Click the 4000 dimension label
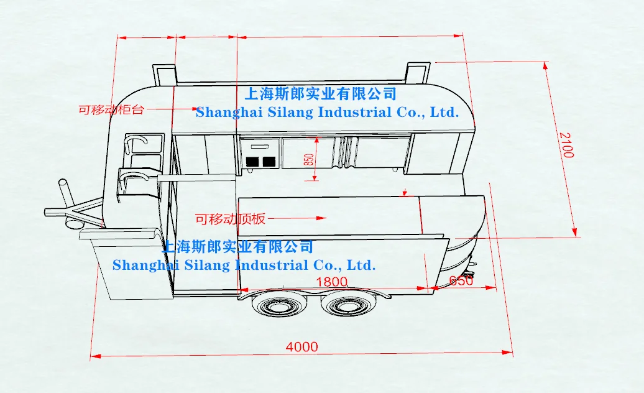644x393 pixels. click(x=302, y=347)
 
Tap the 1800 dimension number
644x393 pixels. click(x=331, y=282)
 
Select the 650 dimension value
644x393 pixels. click(x=461, y=281)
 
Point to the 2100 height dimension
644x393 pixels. click(x=565, y=145)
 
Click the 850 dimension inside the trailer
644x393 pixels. click(x=309, y=160)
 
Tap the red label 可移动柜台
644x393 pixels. click(x=111, y=110)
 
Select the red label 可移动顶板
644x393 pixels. click(x=230, y=219)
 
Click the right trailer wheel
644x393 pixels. click(x=343, y=305)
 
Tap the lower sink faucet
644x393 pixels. click(x=134, y=179)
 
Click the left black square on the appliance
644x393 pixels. click(x=254, y=162)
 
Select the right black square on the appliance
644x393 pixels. click(x=269, y=162)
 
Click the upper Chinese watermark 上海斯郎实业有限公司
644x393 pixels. click(x=321, y=94)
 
